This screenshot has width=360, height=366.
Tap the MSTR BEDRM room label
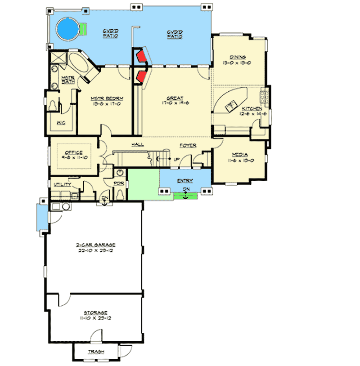point(107,98)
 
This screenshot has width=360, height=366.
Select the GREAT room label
point(174,98)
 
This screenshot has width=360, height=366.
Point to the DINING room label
point(237,57)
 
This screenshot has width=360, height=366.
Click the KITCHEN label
point(252,109)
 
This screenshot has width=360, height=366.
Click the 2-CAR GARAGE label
point(96,245)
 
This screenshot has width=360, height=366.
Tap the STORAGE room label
point(95,312)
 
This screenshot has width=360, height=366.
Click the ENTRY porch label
point(185,180)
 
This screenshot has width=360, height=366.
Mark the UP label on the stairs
point(176,159)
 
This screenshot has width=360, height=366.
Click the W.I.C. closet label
point(61,122)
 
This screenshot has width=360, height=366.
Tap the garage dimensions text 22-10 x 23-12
point(96,251)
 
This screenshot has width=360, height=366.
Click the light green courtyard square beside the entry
point(143,183)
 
